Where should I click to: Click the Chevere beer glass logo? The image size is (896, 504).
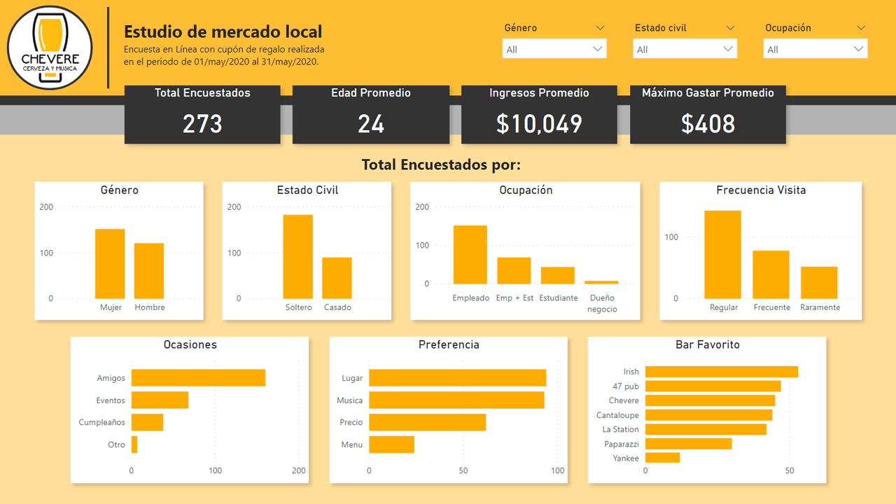click(x=50, y=48)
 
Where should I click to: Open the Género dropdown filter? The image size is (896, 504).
click(x=554, y=49)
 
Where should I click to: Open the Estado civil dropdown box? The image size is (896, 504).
click(x=685, y=49)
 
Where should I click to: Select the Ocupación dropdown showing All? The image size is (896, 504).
click(x=815, y=49)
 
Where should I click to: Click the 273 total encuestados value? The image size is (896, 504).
click(x=202, y=124)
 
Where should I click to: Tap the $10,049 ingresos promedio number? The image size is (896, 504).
click(x=539, y=124)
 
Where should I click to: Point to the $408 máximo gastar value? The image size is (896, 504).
click(x=708, y=124)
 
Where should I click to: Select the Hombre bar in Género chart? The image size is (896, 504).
click(x=149, y=271)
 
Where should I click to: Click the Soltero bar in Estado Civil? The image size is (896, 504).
click(x=298, y=257)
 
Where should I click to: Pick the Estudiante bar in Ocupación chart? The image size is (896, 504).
click(x=558, y=275)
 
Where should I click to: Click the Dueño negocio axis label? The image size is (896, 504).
click(x=602, y=303)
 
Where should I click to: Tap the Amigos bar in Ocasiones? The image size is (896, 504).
click(x=198, y=378)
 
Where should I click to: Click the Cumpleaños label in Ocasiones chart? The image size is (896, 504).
click(x=102, y=422)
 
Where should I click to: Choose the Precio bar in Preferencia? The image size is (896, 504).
click(x=427, y=422)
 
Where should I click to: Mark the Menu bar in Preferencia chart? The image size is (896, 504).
click(x=391, y=444)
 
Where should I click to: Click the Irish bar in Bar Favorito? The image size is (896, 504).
click(x=721, y=372)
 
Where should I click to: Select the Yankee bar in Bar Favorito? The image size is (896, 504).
click(x=662, y=458)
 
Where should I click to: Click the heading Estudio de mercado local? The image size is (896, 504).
click(x=223, y=31)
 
